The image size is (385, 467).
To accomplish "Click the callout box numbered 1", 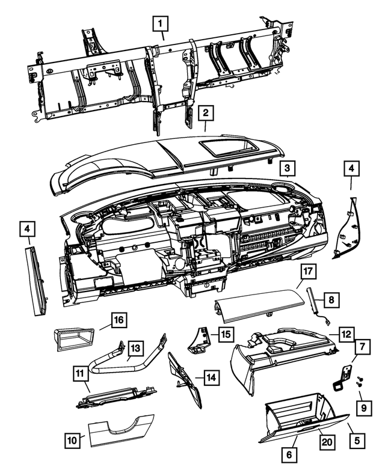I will coord(159,25).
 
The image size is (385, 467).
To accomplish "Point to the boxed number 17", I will coord(308,272).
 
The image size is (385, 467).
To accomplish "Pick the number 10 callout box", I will coord(72,441).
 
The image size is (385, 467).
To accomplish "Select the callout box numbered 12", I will coord(345,332).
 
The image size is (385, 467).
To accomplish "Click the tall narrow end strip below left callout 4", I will coord(37,279).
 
